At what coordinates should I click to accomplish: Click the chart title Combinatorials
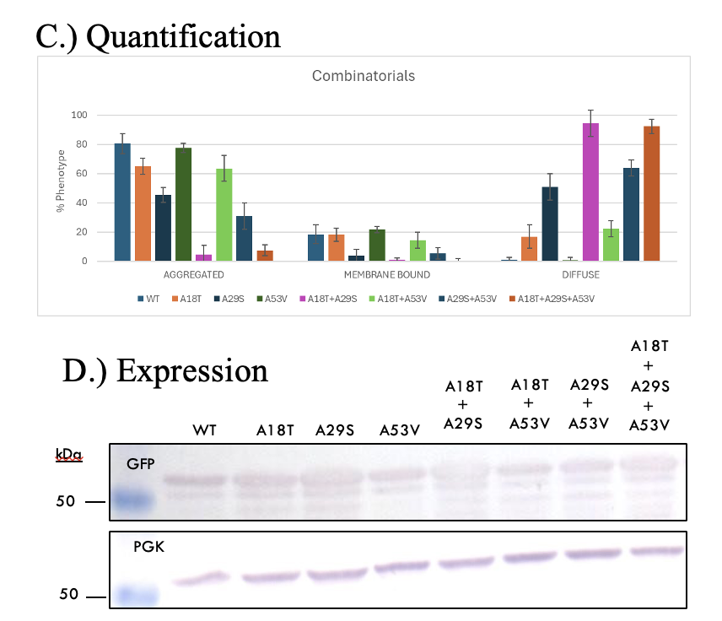[x=364, y=76]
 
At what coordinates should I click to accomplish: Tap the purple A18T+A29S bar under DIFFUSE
[x=590, y=192]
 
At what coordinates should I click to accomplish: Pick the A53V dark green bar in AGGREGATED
[x=183, y=205]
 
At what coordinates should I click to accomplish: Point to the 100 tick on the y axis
[x=80, y=115]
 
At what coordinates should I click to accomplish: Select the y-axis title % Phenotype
[x=61, y=187]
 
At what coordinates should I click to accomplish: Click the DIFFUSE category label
[x=581, y=275]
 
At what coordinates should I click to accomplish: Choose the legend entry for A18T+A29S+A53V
[x=557, y=298]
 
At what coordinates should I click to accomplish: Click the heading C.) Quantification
[x=158, y=36]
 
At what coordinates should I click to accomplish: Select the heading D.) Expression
[x=165, y=370]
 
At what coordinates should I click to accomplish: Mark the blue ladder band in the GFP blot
[x=132, y=500]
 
